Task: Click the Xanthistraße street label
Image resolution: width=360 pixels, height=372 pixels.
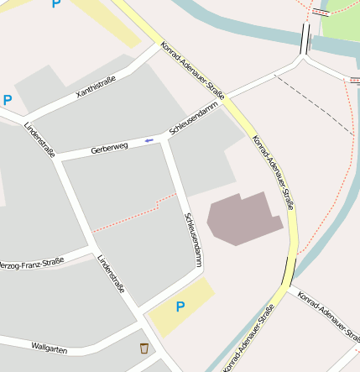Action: [x=95, y=86]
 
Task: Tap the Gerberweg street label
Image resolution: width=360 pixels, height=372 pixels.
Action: [x=109, y=148]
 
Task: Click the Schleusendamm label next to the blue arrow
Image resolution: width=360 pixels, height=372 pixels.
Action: [x=193, y=121]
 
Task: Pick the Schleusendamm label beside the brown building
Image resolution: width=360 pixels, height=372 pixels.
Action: [x=192, y=239]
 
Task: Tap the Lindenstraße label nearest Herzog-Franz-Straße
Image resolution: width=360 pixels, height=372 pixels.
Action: [x=111, y=273]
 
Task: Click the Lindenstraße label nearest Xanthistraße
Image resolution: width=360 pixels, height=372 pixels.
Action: [x=39, y=139]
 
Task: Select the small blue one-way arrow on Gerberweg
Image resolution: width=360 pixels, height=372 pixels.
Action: [x=149, y=139]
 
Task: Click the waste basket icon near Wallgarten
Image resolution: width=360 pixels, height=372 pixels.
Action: [x=144, y=347]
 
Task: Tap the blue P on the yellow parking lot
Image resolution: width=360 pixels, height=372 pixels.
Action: [x=180, y=307]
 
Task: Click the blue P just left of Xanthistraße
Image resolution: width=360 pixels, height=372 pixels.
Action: [x=8, y=101]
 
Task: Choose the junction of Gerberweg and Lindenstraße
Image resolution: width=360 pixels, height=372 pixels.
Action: [x=58, y=159]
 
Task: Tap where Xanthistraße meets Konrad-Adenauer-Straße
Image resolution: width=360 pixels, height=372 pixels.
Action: [x=157, y=47]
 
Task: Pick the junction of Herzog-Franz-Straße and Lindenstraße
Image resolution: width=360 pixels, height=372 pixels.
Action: [x=91, y=249]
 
